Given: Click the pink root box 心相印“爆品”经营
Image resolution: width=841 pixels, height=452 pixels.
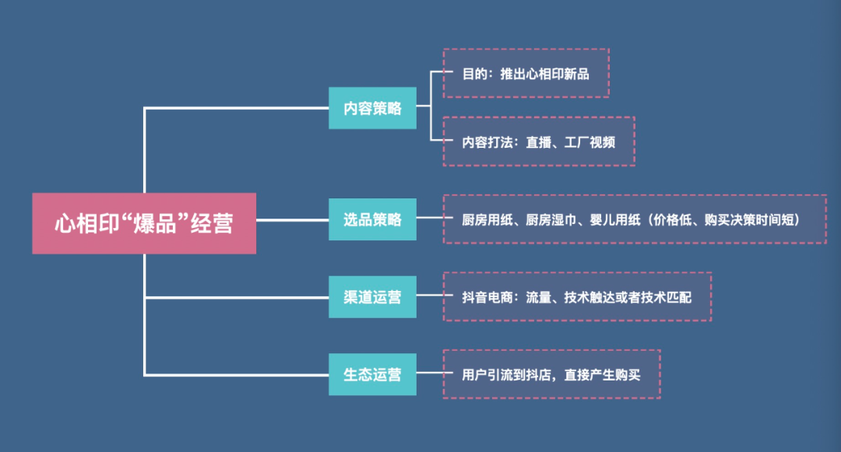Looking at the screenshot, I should (x=144, y=223).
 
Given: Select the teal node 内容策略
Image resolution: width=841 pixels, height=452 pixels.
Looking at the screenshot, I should (x=372, y=108).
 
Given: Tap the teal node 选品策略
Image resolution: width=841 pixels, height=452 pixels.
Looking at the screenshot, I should (x=372, y=219).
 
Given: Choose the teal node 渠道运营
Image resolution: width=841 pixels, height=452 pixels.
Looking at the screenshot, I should (x=372, y=296).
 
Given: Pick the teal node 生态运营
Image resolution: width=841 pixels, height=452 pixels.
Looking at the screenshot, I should (x=372, y=374).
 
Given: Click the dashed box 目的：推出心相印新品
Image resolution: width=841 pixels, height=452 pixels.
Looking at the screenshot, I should (x=526, y=73).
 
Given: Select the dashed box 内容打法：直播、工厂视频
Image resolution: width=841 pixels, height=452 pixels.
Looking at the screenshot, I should (x=539, y=142).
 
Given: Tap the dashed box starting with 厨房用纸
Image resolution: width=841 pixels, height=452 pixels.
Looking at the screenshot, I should (x=635, y=219).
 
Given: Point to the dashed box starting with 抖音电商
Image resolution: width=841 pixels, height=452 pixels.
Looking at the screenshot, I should (x=577, y=296).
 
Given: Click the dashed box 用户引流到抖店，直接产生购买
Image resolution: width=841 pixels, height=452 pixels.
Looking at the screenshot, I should (x=551, y=374).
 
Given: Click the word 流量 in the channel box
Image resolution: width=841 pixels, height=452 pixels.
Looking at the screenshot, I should (x=539, y=296).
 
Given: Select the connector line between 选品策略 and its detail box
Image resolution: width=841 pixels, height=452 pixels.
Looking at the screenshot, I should (x=429, y=219).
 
